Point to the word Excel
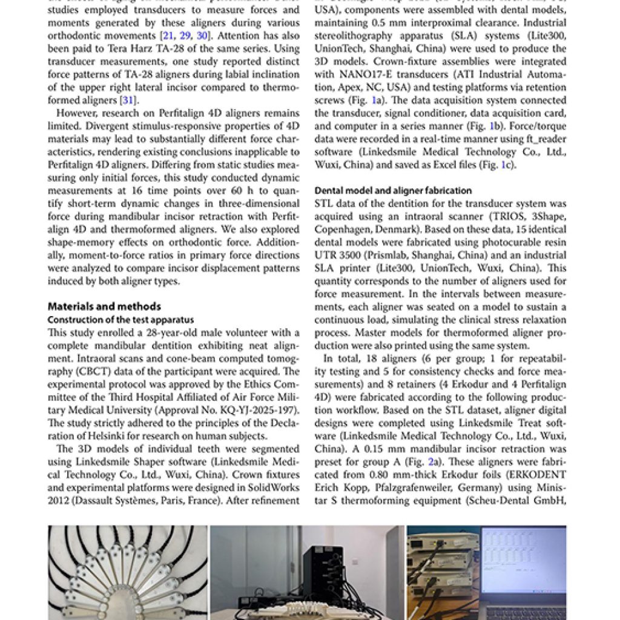[x=455, y=165]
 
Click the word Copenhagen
[x=342, y=229]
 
